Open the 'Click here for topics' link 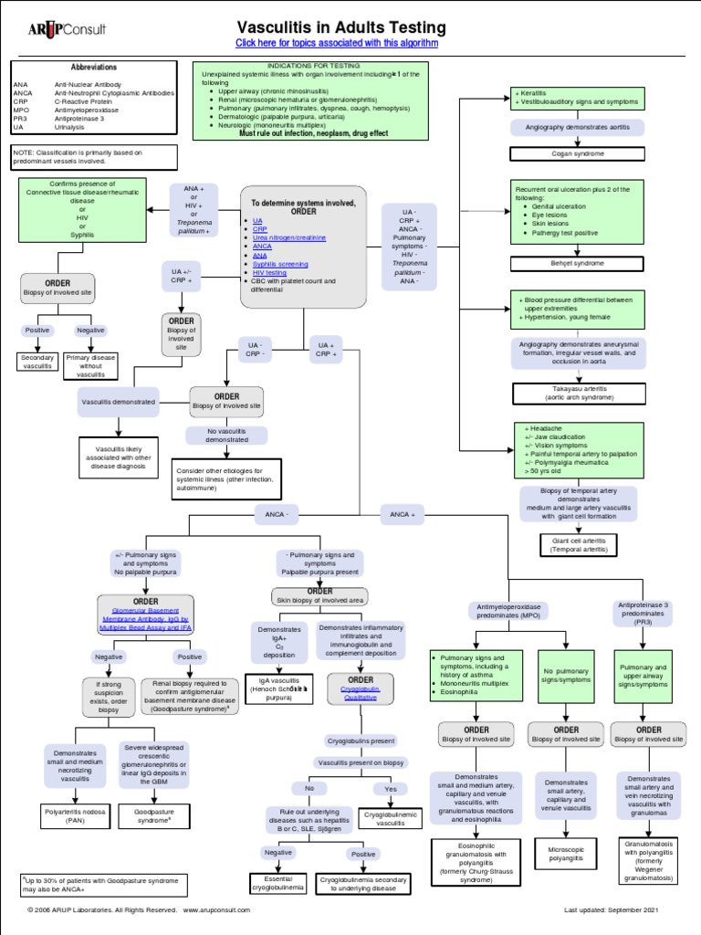[337, 43]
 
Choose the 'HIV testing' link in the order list [269, 272]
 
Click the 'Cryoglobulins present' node [361, 741]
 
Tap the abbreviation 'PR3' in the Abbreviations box [21, 118]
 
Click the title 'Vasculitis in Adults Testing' [341, 27]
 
